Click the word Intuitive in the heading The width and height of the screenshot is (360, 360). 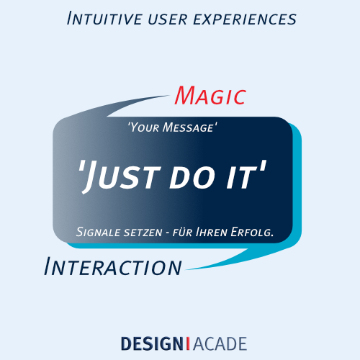coord(104,19)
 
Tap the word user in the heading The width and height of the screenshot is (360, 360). coord(168,19)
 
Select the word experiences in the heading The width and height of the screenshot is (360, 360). coord(245,20)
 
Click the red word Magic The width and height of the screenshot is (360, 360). coord(210,96)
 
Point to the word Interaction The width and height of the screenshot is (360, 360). coord(113,266)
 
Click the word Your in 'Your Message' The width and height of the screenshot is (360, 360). coord(145,127)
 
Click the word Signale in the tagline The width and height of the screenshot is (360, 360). coord(99,232)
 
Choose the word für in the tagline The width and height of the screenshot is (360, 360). coord(182,233)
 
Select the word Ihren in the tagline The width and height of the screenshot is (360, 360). coord(212,232)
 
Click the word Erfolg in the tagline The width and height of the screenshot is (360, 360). coord(251,233)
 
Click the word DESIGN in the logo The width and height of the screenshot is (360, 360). coord(153,343)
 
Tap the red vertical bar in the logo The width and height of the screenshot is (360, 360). coord(188,343)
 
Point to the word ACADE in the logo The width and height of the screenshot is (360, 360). coord(220,343)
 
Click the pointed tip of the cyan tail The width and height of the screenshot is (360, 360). coord(185,270)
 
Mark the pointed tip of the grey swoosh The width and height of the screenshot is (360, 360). coord(170,95)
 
